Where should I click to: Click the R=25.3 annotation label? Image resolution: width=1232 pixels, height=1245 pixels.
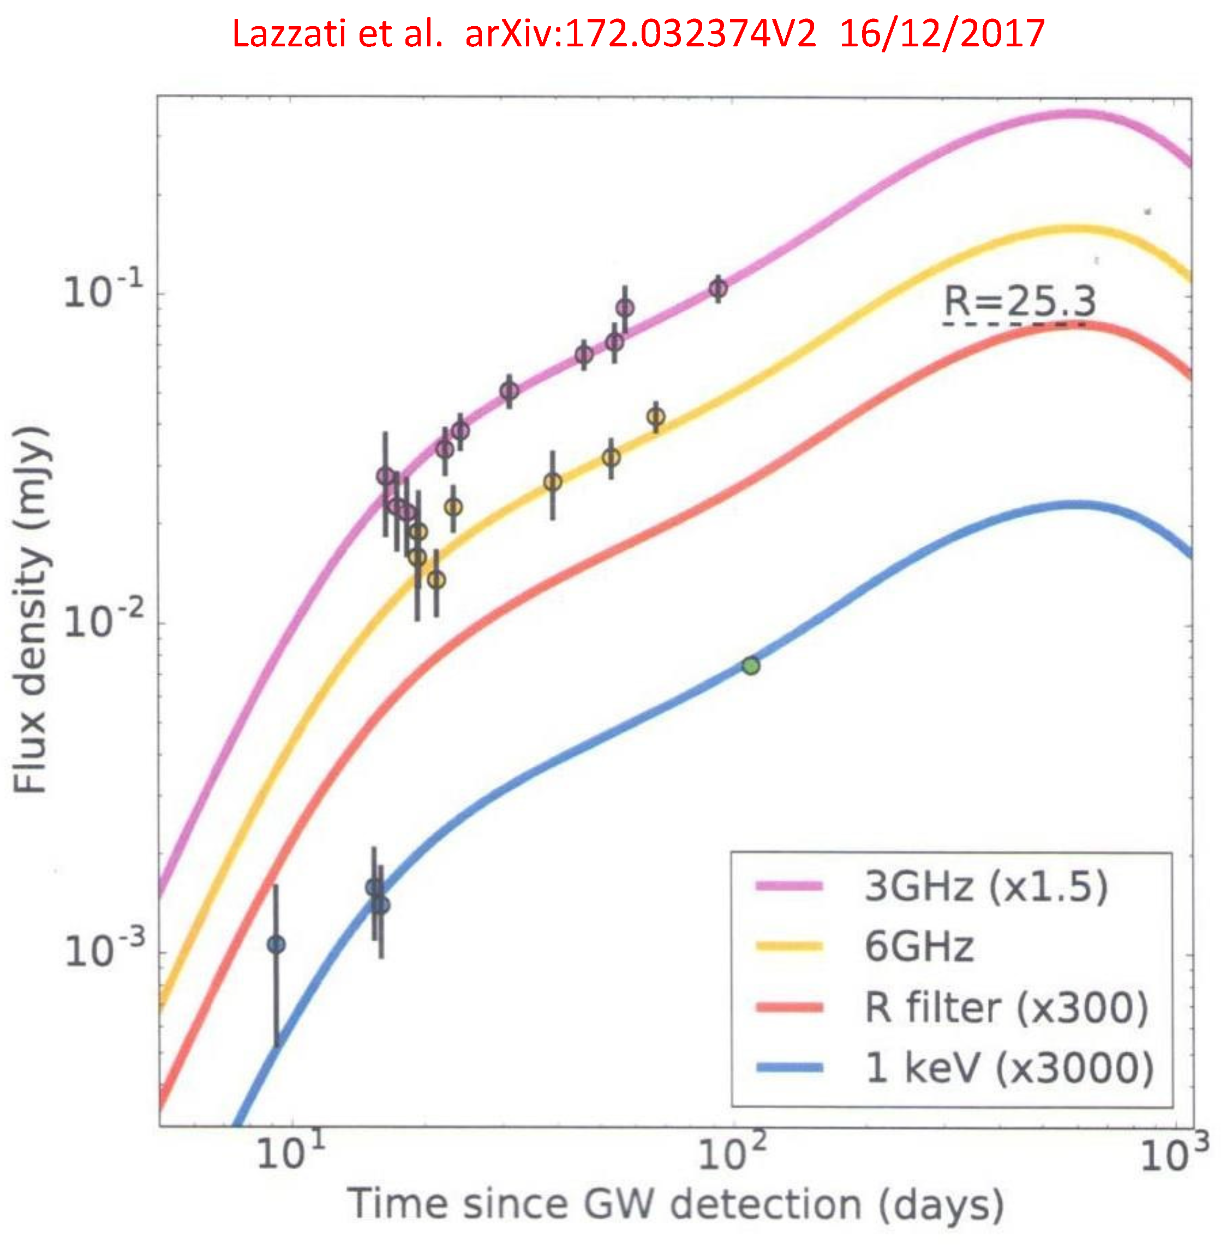[1020, 301]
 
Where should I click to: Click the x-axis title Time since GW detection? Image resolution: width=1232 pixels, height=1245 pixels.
[675, 1204]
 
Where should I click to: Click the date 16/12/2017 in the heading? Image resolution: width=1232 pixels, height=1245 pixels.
[941, 33]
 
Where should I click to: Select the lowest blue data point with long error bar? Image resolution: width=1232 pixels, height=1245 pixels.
[276, 945]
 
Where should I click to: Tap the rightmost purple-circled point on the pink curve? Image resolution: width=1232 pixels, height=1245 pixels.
[718, 288]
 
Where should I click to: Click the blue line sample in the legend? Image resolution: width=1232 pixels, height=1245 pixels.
[789, 1068]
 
